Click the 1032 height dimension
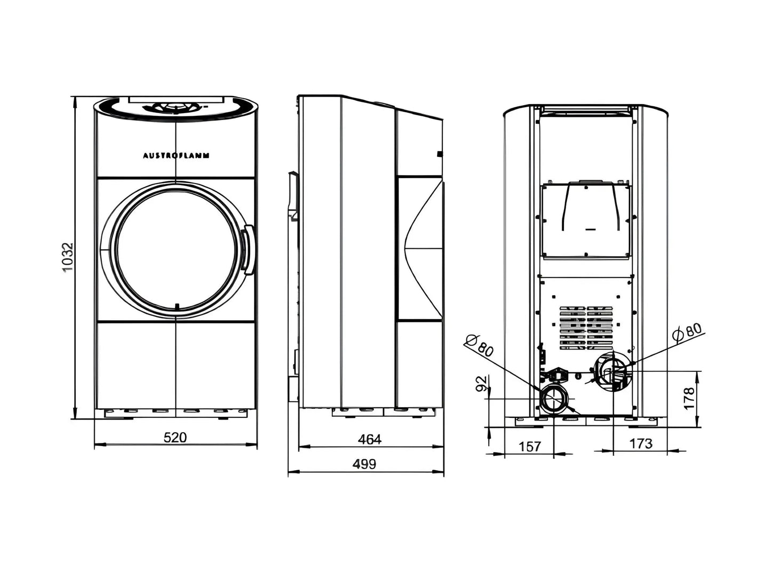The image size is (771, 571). [68, 257]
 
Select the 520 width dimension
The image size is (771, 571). [175, 437]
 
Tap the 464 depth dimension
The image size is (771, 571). [370, 440]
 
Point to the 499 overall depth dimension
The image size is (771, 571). [364, 464]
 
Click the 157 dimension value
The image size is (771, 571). [530, 447]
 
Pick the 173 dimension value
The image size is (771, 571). [641, 443]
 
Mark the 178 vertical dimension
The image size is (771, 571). [688, 399]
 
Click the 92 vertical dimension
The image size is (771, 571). [481, 384]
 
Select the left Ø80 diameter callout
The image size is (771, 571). [480, 346]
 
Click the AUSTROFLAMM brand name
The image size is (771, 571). [176, 155]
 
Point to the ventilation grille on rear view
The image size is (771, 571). [586, 328]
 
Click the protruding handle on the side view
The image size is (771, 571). [293, 195]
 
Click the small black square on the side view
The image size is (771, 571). [440, 154]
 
